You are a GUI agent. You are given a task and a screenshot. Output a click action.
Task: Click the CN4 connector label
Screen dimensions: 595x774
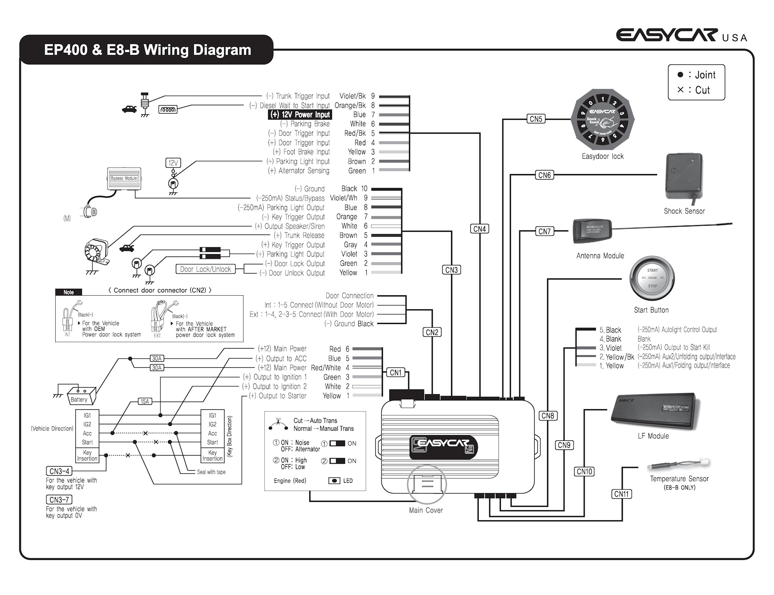click(480, 229)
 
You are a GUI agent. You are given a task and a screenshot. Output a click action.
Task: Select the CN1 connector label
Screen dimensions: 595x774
click(396, 373)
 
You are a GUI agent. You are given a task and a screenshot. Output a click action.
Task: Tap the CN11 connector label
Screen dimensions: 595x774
click(622, 494)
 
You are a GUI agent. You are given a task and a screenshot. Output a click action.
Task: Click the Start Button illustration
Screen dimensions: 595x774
click(652, 278)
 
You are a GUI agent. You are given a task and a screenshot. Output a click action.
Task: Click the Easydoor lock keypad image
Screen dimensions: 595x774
click(603, 120)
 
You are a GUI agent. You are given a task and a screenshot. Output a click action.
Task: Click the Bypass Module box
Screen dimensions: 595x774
click(124, 178)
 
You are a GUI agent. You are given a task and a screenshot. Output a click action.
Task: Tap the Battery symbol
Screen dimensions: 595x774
click(81, 395)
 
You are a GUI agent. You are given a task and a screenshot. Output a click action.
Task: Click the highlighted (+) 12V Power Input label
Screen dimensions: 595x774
click(300, 115)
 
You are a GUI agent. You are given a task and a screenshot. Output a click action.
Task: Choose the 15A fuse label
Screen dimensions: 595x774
click(145, 401)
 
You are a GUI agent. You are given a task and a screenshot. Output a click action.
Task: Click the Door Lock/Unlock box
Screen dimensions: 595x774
click(205, 269)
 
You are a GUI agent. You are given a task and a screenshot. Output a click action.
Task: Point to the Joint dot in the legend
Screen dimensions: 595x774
click(680, 75)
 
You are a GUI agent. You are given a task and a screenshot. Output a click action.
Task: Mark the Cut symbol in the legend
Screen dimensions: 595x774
click(680, 89)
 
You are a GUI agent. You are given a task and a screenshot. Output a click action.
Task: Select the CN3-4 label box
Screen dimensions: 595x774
click(59, 471)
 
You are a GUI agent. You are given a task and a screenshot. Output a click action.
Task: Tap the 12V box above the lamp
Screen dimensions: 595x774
click(173, 163)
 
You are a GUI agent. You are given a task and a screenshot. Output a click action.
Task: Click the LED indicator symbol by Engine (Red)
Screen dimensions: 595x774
click(334, 481)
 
